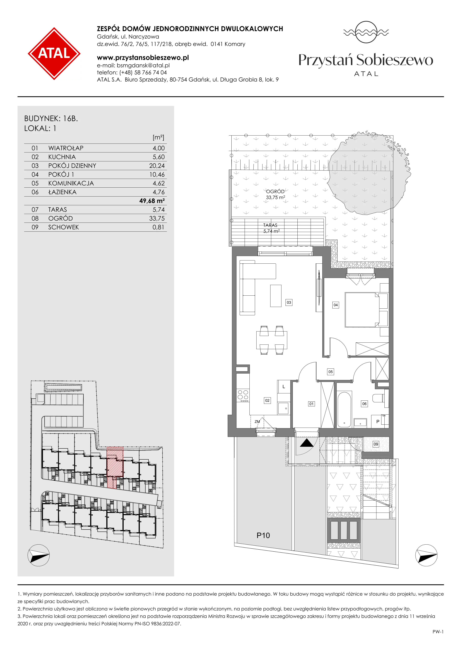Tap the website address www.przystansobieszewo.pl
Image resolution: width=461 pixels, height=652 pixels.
[143, 58]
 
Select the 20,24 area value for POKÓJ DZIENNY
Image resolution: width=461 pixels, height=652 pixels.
[157, 165]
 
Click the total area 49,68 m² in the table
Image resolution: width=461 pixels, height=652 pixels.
[152, 201]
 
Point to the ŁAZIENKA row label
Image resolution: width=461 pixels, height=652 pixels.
[62, 192]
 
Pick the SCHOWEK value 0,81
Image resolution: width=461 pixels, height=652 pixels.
[158, 227]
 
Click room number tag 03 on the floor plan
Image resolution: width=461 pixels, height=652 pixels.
[289, 302]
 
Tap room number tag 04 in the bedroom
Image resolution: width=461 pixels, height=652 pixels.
[336, 305]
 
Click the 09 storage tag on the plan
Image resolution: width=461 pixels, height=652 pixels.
[376, 444]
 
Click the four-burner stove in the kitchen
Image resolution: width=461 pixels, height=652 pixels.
[243, 395]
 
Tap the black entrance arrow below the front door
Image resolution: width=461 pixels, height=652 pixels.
[307, 443]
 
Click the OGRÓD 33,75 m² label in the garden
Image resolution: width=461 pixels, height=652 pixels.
[275, 194]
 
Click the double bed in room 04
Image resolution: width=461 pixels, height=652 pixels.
[366, 310]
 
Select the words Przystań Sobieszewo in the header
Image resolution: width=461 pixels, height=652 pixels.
[366, 60]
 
